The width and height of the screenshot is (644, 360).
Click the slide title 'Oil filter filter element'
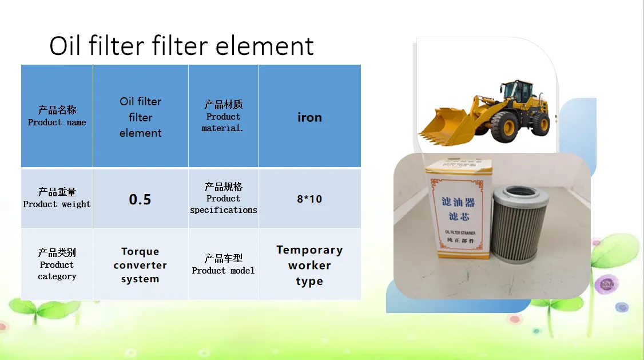click(181, 45)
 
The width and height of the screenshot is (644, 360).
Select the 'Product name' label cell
click(57, 116)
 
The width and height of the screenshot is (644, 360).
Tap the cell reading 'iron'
click(309, 116)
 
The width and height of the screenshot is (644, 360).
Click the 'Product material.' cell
click(224, 116)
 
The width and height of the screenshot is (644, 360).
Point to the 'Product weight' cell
click(57, 199)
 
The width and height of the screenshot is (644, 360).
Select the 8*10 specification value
click(309, 199)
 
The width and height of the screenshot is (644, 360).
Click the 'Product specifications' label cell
click(224, 199)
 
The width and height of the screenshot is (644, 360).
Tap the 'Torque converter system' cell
click(141, 264)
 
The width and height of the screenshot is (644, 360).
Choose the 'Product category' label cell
click(57, 264)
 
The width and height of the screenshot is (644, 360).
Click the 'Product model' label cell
click(224, 264)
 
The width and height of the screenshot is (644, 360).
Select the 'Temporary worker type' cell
click(309, 264)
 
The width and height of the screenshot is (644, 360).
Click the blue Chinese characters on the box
click(458, 209)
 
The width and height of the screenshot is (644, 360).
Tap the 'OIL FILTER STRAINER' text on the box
click(460, 232)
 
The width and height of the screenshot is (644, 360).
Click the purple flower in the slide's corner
click(607, 283)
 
